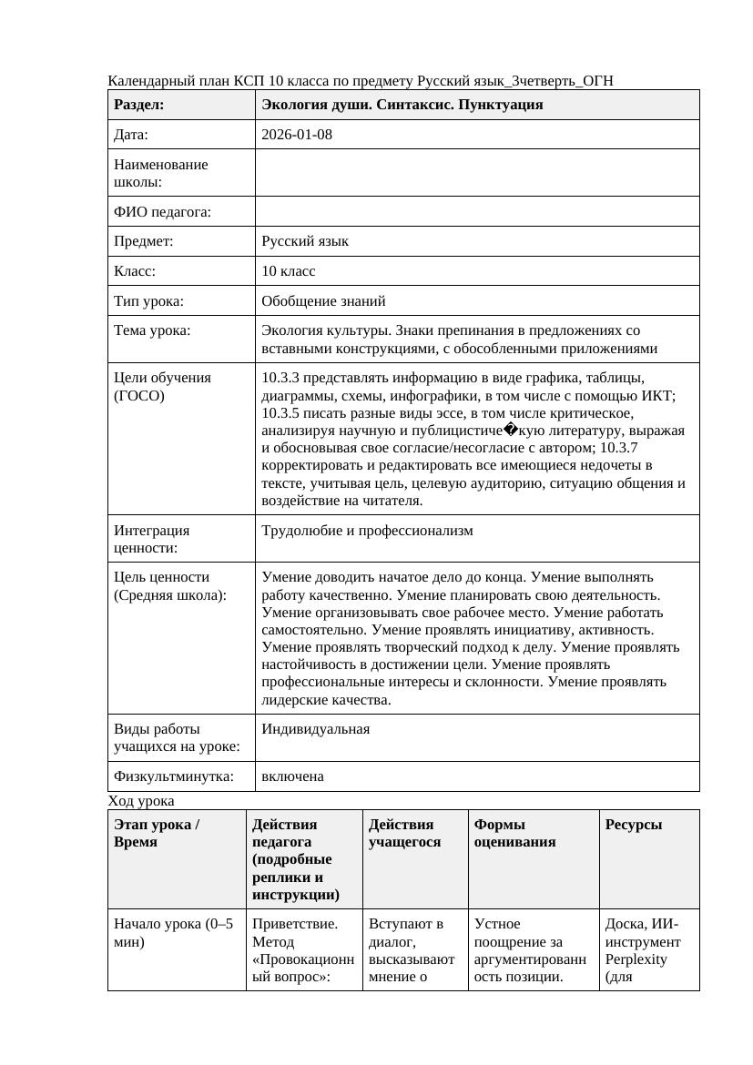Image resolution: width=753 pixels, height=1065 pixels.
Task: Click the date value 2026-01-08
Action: tap(296, 135)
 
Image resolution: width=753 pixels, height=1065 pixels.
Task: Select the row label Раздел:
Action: tap(138, 105)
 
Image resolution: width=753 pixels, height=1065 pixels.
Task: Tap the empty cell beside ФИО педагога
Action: tap(476, 212)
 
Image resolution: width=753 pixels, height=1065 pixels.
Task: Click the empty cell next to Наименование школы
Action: tap(476, 173)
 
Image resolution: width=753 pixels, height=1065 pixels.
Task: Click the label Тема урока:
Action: tap(152, 330)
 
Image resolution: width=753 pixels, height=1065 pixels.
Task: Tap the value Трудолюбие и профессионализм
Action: tap(367, 531)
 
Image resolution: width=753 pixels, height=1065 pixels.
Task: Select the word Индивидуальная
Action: tap(315, 729)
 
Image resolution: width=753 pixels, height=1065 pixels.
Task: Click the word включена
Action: tap(292, 776)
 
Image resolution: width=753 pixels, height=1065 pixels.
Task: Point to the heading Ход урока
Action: tap(140, 801)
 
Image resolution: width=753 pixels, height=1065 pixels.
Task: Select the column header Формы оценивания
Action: tap(514, 833)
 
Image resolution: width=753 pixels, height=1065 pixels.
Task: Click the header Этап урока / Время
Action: tap(156, 833)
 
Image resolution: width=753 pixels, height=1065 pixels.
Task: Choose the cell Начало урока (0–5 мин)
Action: tap(173, 933)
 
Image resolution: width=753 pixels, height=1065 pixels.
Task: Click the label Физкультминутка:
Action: tap(173, 776)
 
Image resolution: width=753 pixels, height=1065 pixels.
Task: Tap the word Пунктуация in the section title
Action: tap(504, 105)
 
